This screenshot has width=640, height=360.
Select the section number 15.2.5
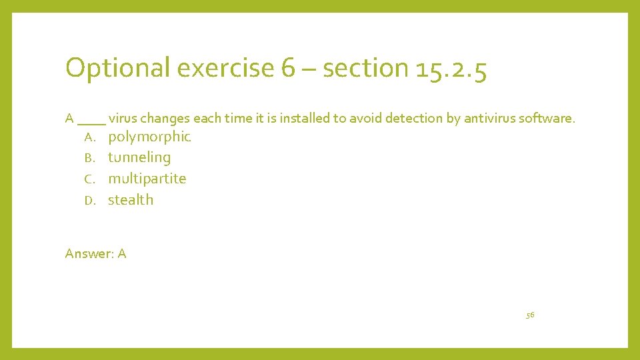point(451,69)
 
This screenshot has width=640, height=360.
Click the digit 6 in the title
point(288,69)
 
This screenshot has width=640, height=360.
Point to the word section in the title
point(365,69)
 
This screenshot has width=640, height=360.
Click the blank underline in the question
point(91,122)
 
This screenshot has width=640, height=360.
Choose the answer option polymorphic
point(149,137)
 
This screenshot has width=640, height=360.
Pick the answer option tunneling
point(139,158)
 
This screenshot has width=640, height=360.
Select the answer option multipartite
point(147,179)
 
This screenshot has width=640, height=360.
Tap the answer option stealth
point(131,200)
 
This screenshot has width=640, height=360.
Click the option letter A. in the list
point(91,137)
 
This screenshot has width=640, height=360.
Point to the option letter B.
point(91,159)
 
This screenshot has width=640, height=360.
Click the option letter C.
point(91,179)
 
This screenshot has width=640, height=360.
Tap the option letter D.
point(91,201)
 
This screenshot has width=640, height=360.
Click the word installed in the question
point(304,119)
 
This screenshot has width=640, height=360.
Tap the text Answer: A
point(95,253)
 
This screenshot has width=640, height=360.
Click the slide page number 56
point(530,315)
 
